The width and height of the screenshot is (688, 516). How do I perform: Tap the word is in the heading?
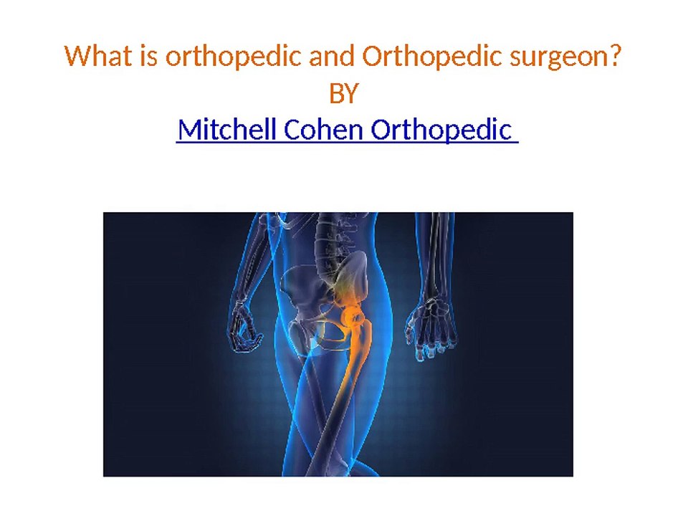point(149,55)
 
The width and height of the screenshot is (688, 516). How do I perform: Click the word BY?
point(343,93)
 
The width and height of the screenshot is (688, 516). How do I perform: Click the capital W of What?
point(75,55)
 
